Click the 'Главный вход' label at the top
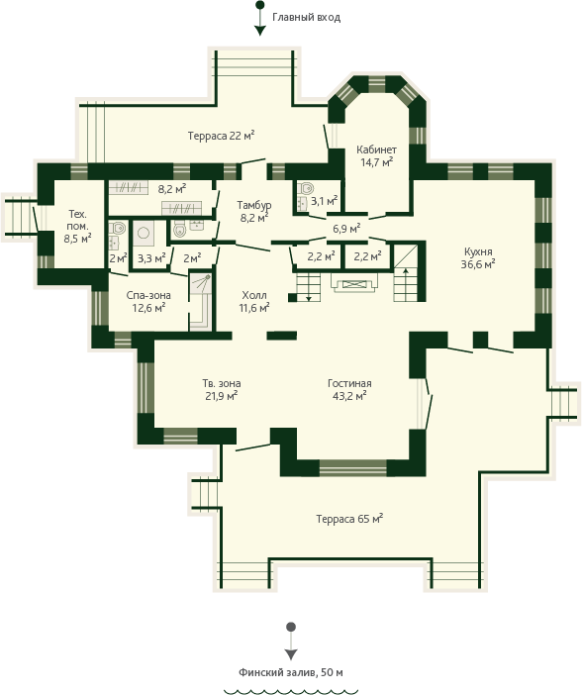306,17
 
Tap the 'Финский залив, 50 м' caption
291,672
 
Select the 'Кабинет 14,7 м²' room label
376,156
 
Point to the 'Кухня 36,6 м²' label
478,258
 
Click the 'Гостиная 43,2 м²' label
349,390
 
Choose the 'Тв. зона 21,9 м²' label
221,390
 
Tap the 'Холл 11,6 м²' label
254,301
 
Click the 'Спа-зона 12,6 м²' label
148,301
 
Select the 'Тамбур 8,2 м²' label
254,212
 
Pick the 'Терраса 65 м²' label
349,519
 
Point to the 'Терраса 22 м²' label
221,136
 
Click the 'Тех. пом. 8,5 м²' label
77,227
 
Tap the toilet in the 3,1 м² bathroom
306,188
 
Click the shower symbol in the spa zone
201,284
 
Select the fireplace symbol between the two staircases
354,283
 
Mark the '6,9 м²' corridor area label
346,229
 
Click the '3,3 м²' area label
151,258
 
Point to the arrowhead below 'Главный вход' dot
260,31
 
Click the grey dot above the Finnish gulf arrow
291,627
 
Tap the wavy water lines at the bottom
291,691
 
